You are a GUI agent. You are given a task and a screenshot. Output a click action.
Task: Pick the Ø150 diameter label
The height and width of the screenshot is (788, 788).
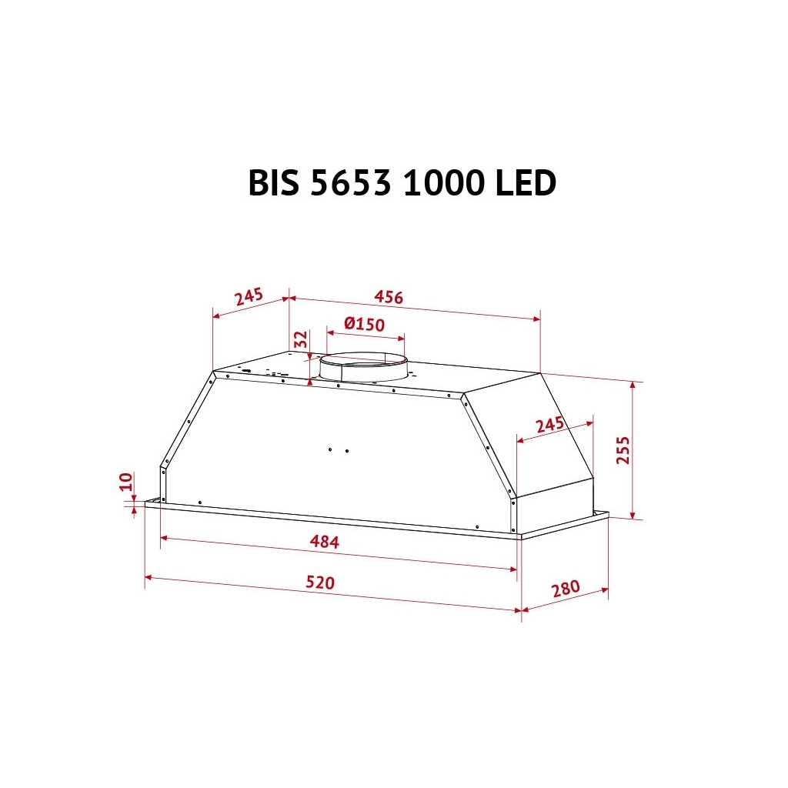click(365, 324)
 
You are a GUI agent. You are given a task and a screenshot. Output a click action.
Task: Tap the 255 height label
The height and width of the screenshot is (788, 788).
click(623, 450)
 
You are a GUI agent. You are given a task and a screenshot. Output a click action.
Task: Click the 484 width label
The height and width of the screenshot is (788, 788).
click(324, 542)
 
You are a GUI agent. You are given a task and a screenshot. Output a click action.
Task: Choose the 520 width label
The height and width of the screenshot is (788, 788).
click(320, 583)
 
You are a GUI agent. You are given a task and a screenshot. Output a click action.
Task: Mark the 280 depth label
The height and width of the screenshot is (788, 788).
click(565, 589)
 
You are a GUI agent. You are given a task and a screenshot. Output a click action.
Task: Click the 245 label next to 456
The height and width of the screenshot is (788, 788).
click(249, 296)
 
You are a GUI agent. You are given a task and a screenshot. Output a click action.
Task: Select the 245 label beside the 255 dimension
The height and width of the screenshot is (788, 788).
click(550, 426)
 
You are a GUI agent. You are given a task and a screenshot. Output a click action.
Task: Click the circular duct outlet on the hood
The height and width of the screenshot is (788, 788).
click(362, 368)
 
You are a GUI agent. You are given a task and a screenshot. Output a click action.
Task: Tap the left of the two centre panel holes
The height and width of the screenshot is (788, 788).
click(329, 449)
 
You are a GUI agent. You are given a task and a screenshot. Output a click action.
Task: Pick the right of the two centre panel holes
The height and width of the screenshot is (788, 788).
click(346, 451)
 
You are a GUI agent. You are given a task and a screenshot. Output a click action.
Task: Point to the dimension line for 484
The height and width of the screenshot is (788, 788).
click(339, 553)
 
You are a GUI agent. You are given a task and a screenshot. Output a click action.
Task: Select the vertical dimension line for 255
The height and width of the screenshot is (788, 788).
click(633, 450)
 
